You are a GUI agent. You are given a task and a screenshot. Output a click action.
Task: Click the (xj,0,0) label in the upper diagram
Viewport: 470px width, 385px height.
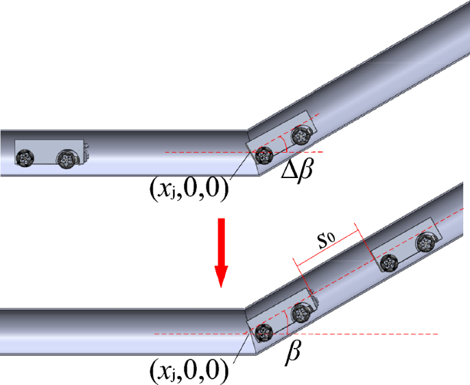tap(189, 187)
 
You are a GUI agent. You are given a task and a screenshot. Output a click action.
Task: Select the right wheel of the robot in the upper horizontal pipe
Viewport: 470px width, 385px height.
tap(67, 159)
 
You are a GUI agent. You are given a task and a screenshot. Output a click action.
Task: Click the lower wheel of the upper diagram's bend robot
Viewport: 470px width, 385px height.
tap(261, 156)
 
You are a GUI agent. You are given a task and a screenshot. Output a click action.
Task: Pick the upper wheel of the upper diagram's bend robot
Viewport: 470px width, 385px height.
tap(299, 136)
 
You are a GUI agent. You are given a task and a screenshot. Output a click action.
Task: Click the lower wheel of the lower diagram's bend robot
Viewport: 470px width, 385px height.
tap(262, 333)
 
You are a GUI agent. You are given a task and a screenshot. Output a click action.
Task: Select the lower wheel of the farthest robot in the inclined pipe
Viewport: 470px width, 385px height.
tap(390, 262)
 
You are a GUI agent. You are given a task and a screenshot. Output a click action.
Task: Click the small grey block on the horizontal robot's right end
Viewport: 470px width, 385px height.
tap(86, 146)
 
